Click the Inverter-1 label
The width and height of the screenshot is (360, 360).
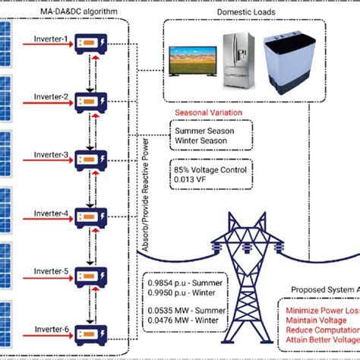pos(50,39)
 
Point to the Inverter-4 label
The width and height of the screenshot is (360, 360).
pos(50,213)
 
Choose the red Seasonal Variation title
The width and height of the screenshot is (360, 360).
pos(208,112)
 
